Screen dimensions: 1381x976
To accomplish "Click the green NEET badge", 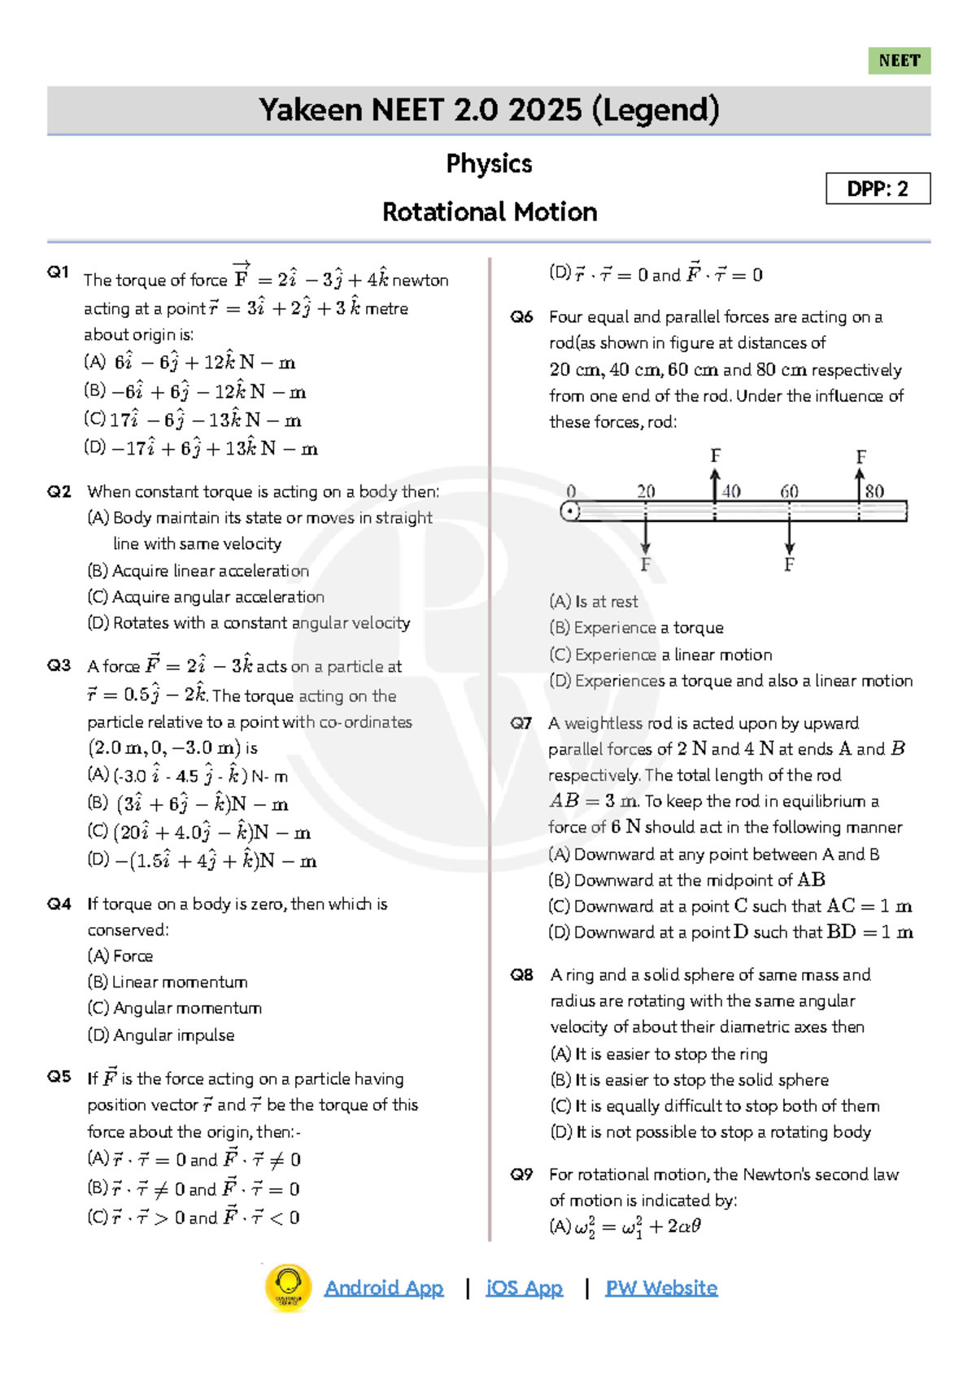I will click(x=899, y=61).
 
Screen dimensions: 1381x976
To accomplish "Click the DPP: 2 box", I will click(x=878, y=189).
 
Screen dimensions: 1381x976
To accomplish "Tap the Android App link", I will click(x=384, y=1288).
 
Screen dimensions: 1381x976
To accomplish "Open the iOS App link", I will click(x=525, y=1288).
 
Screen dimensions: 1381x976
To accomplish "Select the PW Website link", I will click(x=661, y=1288).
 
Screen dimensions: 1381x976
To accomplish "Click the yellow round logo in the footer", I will click(x=288, y=1288).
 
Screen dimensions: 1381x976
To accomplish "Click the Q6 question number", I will click(x=521, y=317).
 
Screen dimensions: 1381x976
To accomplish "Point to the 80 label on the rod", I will click(x=874, y=491).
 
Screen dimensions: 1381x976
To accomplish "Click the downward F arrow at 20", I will click(x=645, y=537).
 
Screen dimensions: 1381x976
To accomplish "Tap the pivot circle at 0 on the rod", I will click(x=570, y=512).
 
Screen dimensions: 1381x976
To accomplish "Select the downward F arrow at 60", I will click(x=789, y=537).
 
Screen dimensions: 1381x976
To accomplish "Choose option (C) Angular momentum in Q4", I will click(x=175, y=1009).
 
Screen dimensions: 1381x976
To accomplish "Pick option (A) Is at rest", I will click(x=594, y=602).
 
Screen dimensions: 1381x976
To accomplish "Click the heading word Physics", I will click(x=489, y=163).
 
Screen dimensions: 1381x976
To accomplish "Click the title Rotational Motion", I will click(x=489, y=212).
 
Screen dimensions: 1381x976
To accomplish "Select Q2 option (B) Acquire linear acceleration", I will click(x=198, y=571).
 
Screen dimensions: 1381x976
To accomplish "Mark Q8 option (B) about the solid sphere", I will click(x=690, y=1080).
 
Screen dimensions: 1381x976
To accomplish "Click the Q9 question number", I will click(x=521, y=1174).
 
